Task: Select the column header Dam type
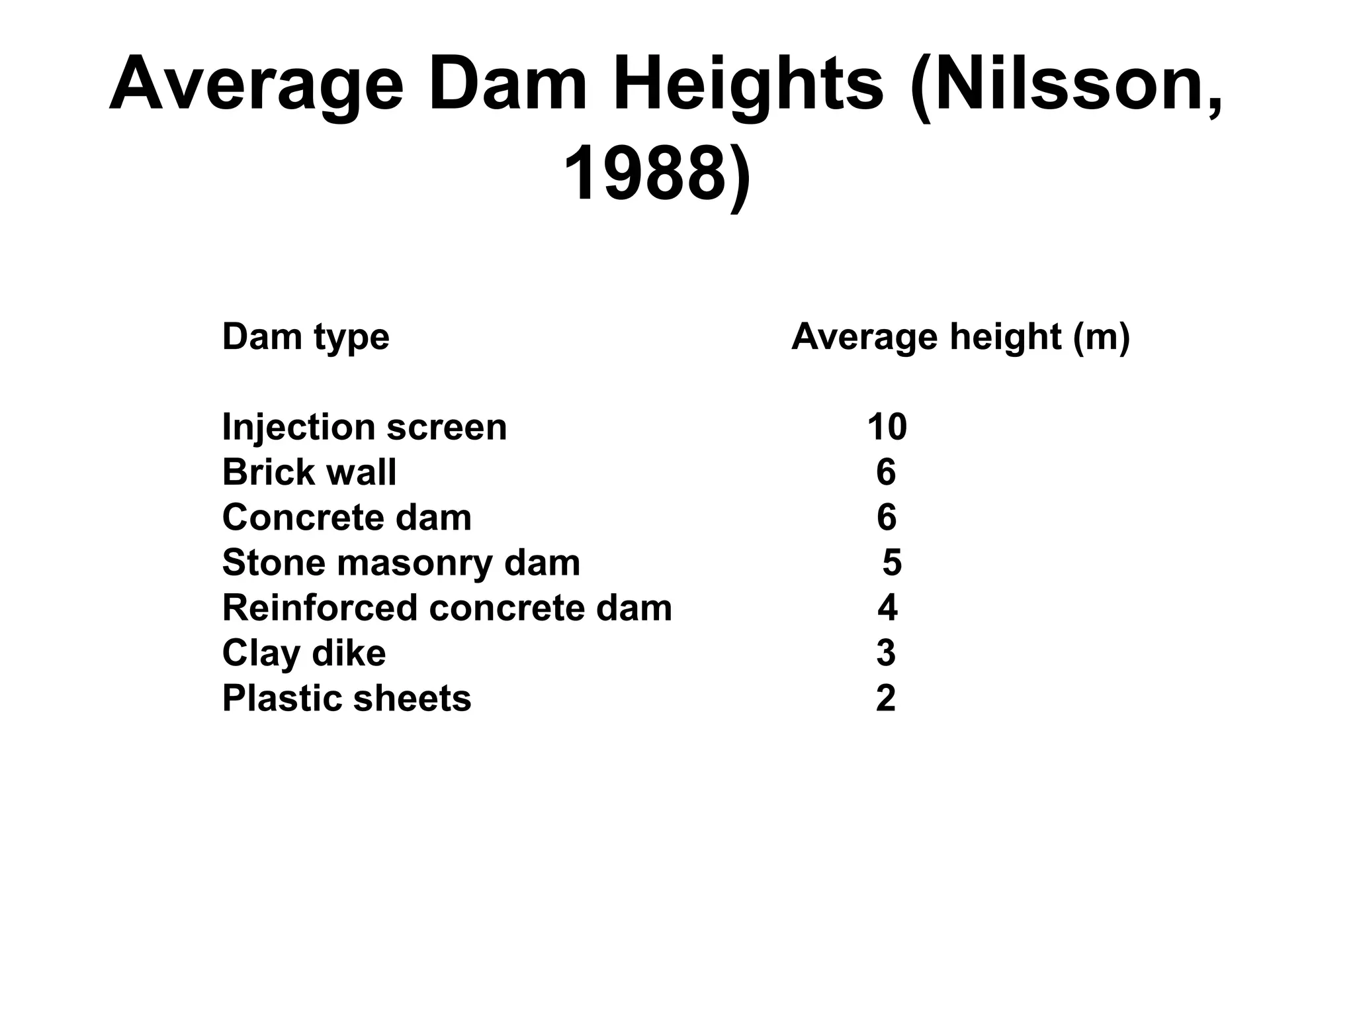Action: pyautogui.click(x=306, y=337)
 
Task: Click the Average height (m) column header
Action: pyautogui.click(x=960, y=337)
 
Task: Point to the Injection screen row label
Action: pyautogui.click(x=365, y=427)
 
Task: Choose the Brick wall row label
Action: pyautogui.click(x=309, y=472)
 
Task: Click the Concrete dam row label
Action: pyautogui.click(x=347, y=517)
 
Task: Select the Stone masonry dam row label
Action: pyautogui.click(x=401, y=563)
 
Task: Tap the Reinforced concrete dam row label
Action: pyautogui.click(x=447, y=608)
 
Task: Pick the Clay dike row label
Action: pyautogui.click(x=304, y=653)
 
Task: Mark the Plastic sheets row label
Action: pyautogui.click(x=347, y=699)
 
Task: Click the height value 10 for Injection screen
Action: pyautogui.click(x=887, y=427)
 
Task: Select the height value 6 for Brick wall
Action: pyautogui.click(x=886, y=472)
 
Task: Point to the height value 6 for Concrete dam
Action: pyautogui.click(x=887, y=517)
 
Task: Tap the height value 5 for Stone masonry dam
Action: pyautogui.click(x=892, y=563)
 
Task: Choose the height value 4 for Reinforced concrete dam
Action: pyautogui.click(x=887, y=608)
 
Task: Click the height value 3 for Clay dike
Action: pyautogui.click(x=886, y=653)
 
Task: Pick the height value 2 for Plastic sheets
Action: pyautogui.click(x=886, y=699)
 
